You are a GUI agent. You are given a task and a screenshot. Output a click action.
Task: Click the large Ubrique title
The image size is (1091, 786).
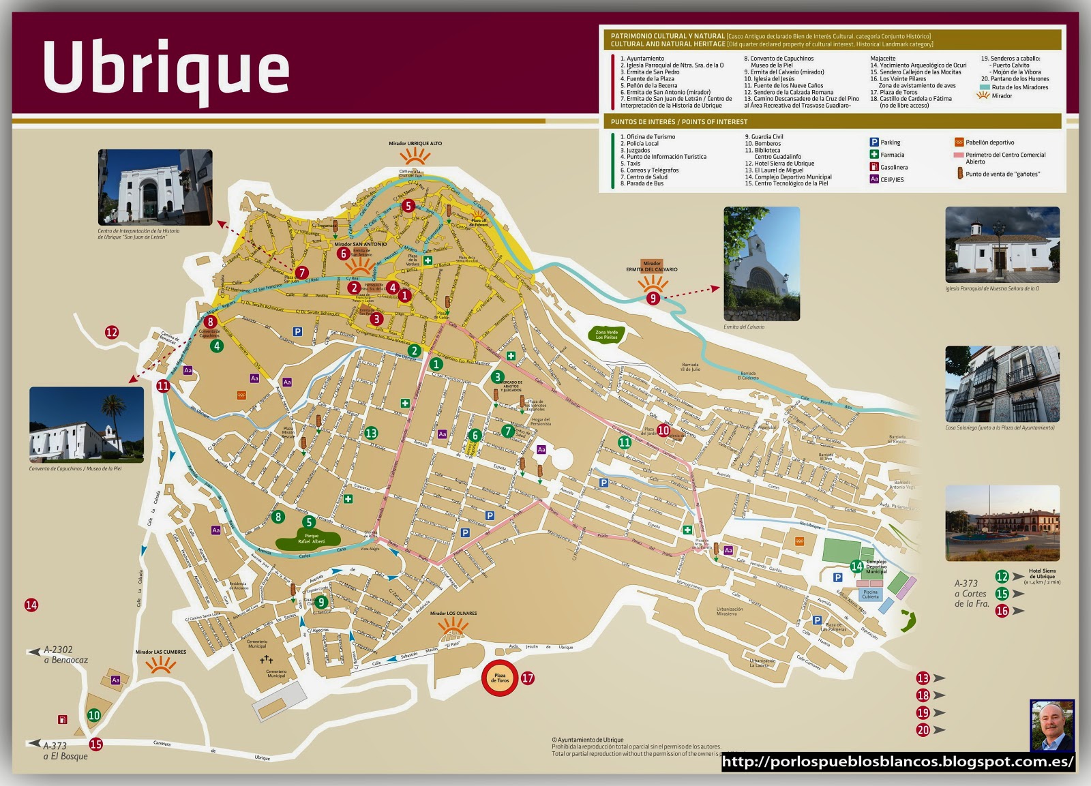click(x=166, y=68)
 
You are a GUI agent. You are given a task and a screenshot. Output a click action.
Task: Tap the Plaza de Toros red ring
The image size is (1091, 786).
click(x=500, y=678)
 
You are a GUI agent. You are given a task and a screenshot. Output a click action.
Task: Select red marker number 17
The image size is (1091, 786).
click(x=528, y=678)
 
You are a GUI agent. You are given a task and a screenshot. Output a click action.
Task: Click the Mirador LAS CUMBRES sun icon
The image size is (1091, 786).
click(x=161, y=665)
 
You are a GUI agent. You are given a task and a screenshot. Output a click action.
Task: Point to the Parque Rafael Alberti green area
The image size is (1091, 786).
click(x=310, y=539)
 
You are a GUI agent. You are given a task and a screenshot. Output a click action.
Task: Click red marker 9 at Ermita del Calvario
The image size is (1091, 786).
click(x=653, y=298)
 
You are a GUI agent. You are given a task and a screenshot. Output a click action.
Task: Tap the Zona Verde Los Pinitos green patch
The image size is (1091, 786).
click(x=606, y=334)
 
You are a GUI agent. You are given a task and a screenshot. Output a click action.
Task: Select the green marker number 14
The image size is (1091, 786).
click(x=856, y=566)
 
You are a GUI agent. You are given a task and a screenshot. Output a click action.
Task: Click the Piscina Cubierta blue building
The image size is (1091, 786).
click(x=870, y=594)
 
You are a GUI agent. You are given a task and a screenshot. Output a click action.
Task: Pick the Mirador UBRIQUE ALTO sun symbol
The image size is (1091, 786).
click(x=415, y=157)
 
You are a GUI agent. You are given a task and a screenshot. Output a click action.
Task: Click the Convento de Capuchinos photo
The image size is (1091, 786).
click(x=87, y=425)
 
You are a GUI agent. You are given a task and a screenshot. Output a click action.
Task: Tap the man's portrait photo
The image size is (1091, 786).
click(x=1051, y=725)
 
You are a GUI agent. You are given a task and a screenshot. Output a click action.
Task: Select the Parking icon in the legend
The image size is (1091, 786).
click(x=874, y=142)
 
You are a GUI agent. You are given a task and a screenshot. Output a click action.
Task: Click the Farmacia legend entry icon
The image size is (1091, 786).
click(x=874, y=155)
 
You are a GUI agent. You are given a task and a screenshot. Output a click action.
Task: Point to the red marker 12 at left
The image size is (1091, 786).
click(x=112, y=332)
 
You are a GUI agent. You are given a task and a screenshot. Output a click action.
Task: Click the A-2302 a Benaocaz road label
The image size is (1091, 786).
click(x=65, y=654)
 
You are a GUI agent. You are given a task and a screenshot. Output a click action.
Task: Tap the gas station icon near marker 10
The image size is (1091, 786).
click(x=63, y=719)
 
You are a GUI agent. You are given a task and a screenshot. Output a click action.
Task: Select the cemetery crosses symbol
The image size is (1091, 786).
click(x=266, y=660)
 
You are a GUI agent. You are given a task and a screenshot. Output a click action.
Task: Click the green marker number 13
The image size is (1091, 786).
click(x=371, y=433)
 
